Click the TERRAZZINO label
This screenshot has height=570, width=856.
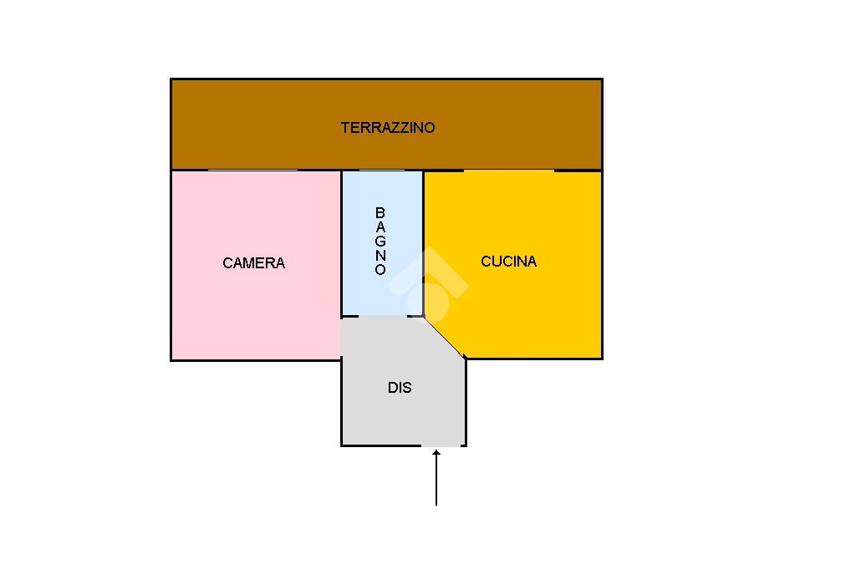(388, 128)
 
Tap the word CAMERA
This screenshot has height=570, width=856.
(254, 263)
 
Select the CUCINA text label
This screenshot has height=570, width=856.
(509, 262)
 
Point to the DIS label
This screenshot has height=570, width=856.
(400, 388)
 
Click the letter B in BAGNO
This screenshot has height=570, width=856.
(380, 212)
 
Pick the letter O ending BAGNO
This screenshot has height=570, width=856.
(380, 270)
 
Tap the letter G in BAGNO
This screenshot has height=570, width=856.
(380, 241)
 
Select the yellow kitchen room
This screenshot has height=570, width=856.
(524, 306)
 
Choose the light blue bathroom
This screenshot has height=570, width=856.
(382, 295)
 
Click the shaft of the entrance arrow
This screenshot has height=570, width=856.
(436, 481)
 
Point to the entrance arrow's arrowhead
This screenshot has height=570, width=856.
(436, 453)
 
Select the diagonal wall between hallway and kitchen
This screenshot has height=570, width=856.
(445, 338)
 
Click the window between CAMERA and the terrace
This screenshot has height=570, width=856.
(252, 170)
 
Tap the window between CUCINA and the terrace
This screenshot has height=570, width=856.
(509, 170)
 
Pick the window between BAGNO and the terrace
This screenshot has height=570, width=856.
(382, 170)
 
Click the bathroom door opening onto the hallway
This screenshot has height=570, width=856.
(383, 316)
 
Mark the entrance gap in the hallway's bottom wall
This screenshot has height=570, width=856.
(441, 445)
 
